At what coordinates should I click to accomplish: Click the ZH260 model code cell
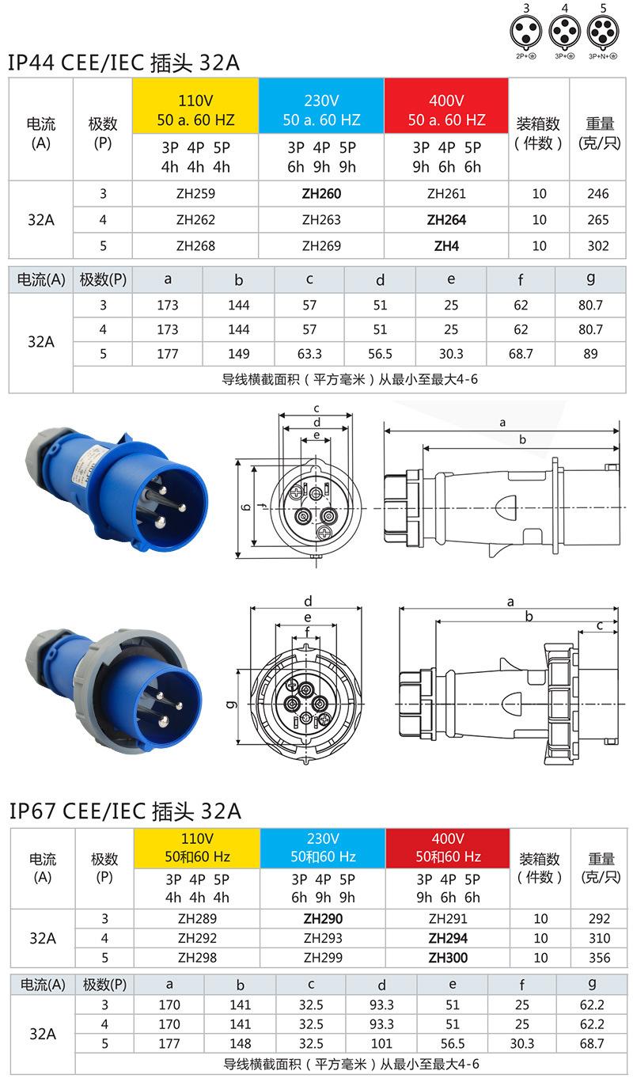tap(321, 194)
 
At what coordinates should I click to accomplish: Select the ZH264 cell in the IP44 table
tap(446, 220)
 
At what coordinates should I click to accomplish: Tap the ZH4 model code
tap(446, 246)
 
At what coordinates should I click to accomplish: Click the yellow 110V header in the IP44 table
tap(195, 105)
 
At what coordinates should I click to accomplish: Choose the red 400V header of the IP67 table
tap(448, 848)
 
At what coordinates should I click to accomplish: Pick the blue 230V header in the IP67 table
tap(323, 848)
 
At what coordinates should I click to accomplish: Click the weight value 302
tap(598, 245)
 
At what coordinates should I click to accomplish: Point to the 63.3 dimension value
tap(309, 354)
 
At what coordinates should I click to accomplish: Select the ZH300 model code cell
tap(448, 958)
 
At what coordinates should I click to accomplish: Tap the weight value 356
tap(600, 958)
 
